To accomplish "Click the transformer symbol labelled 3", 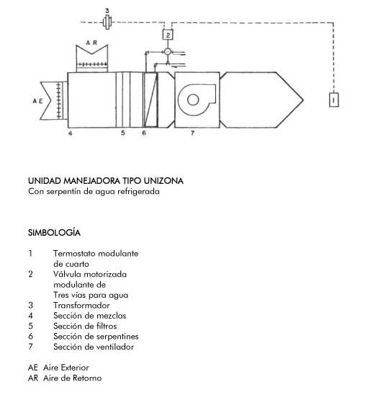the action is (x=107, y=22).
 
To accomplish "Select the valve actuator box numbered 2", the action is (x=168, y=35).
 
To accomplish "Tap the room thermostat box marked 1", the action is (x=333, y=99).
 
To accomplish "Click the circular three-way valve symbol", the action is (x=168, y=52).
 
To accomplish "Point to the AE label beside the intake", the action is (x=37, y=101).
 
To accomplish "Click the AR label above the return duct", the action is (x=91, y=43).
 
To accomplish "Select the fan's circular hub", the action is (x=193, y=99).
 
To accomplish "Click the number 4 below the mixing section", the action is (x=70, y=133).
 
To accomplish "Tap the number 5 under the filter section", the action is (x=123, y=133).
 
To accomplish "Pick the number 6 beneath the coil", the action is (x=144, y=133).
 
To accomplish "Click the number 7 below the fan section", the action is (x=192, y=133).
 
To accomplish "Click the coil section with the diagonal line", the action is (x=150, y=99).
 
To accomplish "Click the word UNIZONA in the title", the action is (x=163, y=181).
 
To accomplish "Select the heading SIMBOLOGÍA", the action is (x=54, y=232).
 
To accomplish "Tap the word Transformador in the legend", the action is (x=81, y=306).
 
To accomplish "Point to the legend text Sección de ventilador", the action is (x=94, y=347).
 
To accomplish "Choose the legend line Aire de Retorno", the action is (x=73, y=378).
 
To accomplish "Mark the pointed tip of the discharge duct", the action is (x=303, y=100).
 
